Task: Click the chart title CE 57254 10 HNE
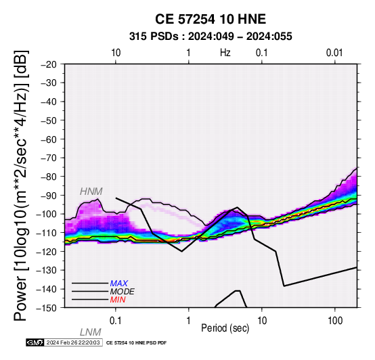211,19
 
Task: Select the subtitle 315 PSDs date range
211,37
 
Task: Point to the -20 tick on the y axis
49,64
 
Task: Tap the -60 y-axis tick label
49,139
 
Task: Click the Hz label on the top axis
225,53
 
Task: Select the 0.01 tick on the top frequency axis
334,53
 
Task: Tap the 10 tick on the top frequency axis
116,53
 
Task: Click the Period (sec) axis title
225,328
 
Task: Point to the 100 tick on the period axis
335,321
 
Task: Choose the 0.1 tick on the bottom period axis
116,321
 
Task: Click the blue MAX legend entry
119,284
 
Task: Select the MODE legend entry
123,292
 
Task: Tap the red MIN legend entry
118,300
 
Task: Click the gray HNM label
91,192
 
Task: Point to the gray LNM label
91,332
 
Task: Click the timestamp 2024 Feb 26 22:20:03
73,342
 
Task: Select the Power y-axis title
21,185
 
